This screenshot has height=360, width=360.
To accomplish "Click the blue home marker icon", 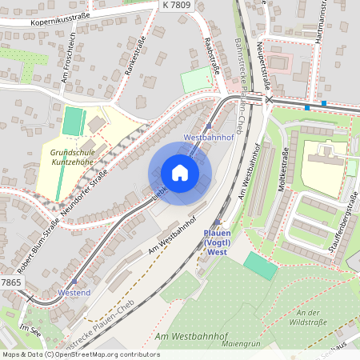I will (x=180, y=172).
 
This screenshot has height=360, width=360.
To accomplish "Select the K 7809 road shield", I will (x=176, y=5).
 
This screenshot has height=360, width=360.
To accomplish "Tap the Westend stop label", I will (x=74, y=294).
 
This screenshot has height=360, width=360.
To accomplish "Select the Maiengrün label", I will (x=245, y=346).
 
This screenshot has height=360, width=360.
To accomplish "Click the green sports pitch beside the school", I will (x=73, y=122).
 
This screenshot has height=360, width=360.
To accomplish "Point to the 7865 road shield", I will (x=10, y=283).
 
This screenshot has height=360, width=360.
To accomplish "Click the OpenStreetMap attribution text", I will (x=80, y=354).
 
